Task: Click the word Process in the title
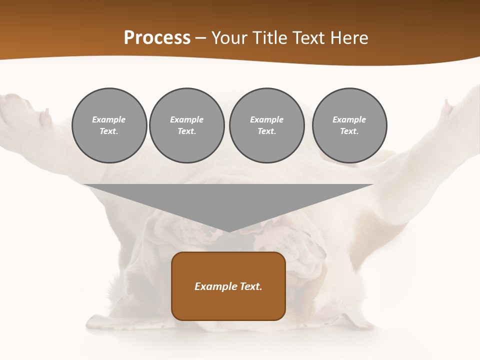[x=157, y=38]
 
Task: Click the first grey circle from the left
[x=109, y=125]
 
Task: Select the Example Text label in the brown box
[x=228, y=286]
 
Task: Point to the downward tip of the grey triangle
[x=228, y=230]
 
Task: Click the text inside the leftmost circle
[x=109, y=125]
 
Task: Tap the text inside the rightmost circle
[x=349, y=125]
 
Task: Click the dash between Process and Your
[x=201, y=38]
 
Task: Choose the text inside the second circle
[x=186, y=125]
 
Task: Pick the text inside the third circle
[x=266, y=125]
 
